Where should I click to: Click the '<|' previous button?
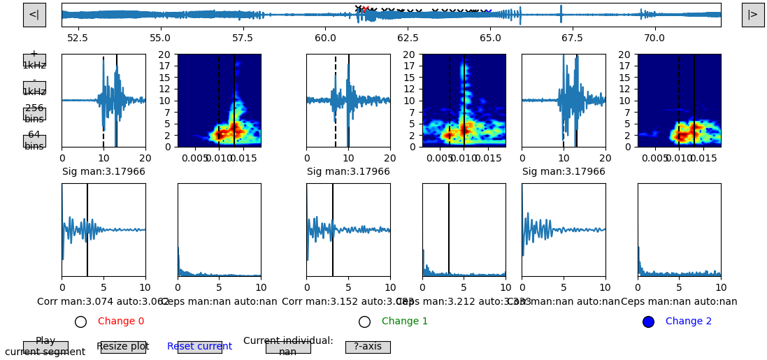coord(34,15)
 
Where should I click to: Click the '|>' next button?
coord(752,15)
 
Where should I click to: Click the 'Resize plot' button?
coord(123,347)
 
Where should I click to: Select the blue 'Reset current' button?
coord(199,347)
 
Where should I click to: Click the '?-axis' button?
coord(368,347)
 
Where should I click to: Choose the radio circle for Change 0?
coord(80,322)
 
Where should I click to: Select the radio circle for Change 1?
coord(364,322)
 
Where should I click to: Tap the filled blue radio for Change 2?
coord(648,322)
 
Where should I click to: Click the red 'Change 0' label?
coord(121,322)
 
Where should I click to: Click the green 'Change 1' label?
coord(405,322)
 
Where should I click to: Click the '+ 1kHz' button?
coord(34,60)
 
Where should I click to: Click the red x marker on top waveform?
coord(366,9)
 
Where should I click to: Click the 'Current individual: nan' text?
coord(288,347)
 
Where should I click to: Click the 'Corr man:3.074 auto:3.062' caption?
coord(103,302)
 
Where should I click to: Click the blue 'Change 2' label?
coord(689,322)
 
